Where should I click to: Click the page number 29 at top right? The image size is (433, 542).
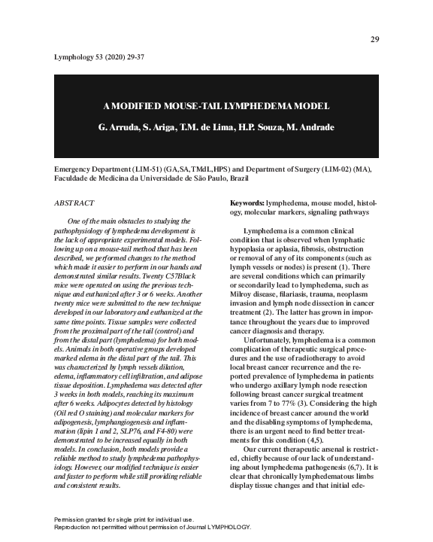click(x=375, y=39)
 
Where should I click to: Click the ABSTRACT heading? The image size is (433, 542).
click(x=75, y=203)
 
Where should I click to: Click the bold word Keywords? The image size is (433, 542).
click(x=226, y=203)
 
